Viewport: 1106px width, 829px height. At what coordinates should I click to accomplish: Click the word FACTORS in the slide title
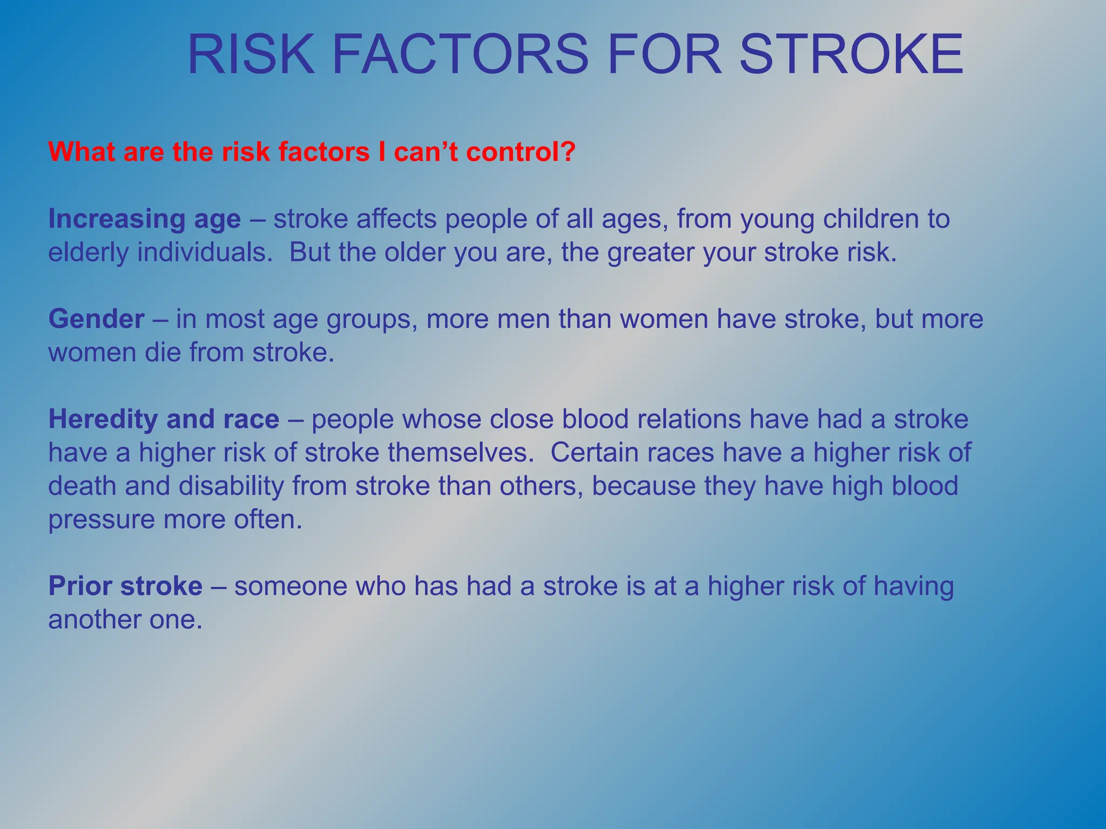(x=459, y=55)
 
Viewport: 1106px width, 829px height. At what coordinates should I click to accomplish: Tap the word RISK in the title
(x=251, y=55)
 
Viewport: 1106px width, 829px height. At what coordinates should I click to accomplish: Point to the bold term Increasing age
(x=144, y=219)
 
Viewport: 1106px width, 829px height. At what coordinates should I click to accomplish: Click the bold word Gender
(x=96, y=319)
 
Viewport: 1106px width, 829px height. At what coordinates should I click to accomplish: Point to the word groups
(x=372, y=319)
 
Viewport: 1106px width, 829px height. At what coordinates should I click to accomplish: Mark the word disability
(x=231, y=486)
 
